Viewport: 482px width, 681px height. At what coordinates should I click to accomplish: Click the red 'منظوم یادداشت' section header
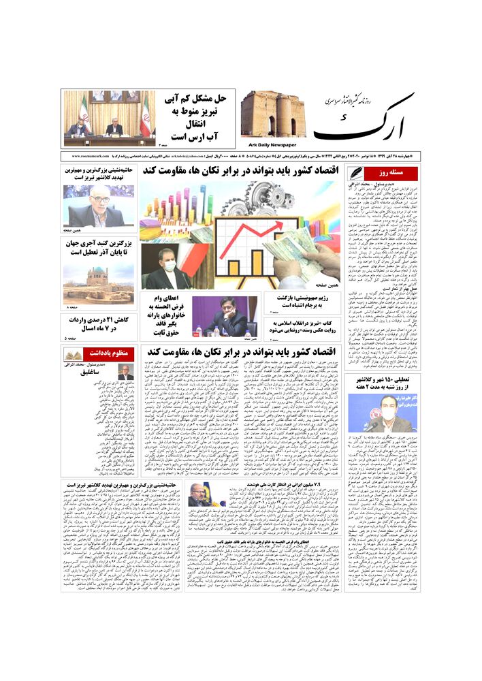(106, 354)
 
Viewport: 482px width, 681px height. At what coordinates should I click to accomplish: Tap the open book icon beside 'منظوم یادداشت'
(73, 354)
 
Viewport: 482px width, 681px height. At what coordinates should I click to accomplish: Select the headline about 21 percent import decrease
(99, 323)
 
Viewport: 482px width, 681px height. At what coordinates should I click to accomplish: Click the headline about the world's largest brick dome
(99, 248)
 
